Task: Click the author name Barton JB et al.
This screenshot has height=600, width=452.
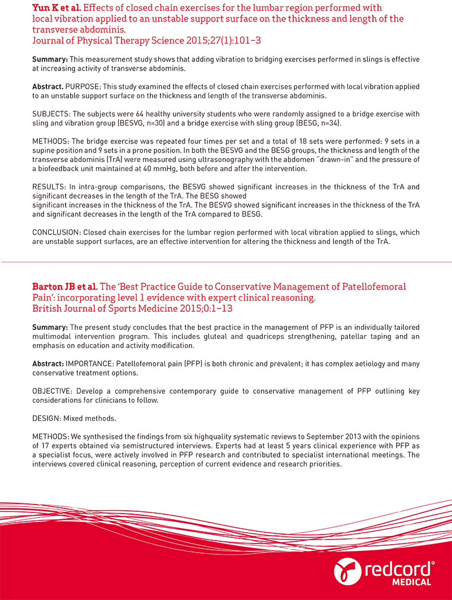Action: tap(65, 286)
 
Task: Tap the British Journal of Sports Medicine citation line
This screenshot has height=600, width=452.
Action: tap(132, 308)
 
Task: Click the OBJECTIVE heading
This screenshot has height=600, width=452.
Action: tap(53, 390)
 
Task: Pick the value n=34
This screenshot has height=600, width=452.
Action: tap(328, 123)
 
